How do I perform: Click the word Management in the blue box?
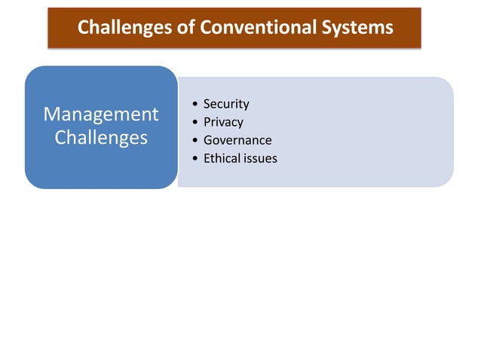[101, 114]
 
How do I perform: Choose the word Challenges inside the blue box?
[101, 139]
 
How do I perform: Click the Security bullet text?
[226, 104]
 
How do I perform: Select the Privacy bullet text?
[223, 122]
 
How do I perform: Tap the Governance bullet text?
[237, 140]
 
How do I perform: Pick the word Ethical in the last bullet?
[221, 158]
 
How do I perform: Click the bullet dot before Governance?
[196, 141]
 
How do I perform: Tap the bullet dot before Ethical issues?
[196, 159]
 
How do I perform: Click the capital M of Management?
[52, 114]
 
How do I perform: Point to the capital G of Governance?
[208, 140]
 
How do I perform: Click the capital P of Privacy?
[207, 122]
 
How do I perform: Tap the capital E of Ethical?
[207, 158]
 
